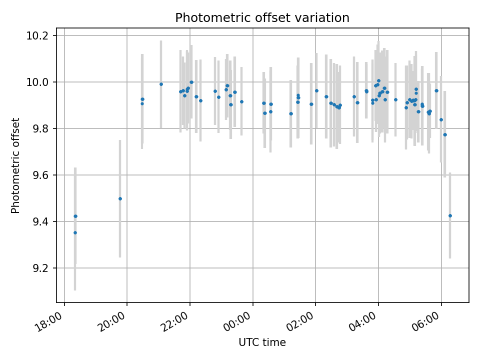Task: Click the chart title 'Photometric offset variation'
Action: coord(262,18)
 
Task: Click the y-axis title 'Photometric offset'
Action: coord(15,165)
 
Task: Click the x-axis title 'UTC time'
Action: coord(262,342)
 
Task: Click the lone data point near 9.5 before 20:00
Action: coord(120,198)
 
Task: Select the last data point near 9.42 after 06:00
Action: coord(450,215)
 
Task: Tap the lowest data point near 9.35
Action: coord(75,232)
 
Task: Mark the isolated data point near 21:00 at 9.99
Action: coord(161,84)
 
